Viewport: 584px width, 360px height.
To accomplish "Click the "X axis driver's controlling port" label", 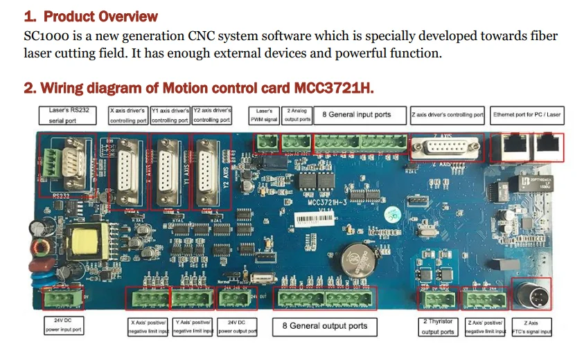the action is point(128,115).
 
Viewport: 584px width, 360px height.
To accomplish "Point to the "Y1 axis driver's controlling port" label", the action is point(170,115).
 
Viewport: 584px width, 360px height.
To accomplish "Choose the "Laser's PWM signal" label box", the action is point(264,115).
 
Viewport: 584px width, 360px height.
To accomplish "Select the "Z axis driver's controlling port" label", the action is point(447,115).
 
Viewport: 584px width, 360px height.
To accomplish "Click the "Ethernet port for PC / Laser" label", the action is point(527,115).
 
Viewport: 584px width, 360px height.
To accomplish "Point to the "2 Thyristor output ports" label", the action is point(438,326).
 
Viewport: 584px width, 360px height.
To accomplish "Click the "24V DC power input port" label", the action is point(63,326).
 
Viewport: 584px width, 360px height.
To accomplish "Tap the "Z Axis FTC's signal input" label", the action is point(531,326).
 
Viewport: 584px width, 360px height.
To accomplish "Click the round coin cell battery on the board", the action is point(359,260).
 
